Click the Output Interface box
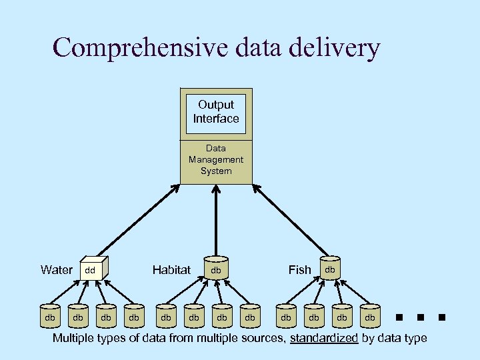(x=216, y=112)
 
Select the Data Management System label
(x=216, y=160)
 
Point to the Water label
(x=57, y=270)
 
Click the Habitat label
(x=171, y=270)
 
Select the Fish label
(x=299, y=270)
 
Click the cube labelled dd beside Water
(x=91, y=269)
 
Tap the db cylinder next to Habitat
(x=216, y=269)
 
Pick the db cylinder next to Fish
(x=330, y=268)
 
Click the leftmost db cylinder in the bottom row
(x=50, y=317)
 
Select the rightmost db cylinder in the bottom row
(x=370, y=317)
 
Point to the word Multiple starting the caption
(x=75, y=339)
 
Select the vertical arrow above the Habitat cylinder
(x=216, y=220)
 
